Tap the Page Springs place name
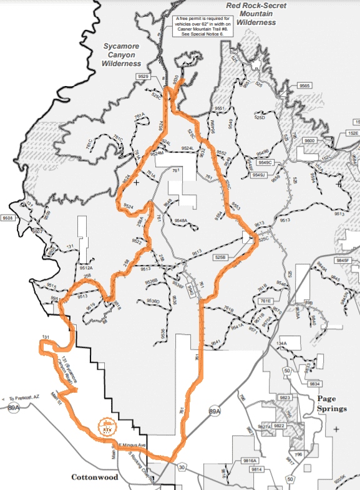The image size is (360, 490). [331, 403]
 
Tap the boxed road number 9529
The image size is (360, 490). [144, 76]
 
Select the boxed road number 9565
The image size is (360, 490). [305, 85]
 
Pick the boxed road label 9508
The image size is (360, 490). [7, 218]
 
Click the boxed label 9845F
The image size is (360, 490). [344, 261]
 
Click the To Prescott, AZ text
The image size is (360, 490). [24, 397]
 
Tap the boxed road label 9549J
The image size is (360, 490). [259, 175]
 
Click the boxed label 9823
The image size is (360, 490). [285, 397]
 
